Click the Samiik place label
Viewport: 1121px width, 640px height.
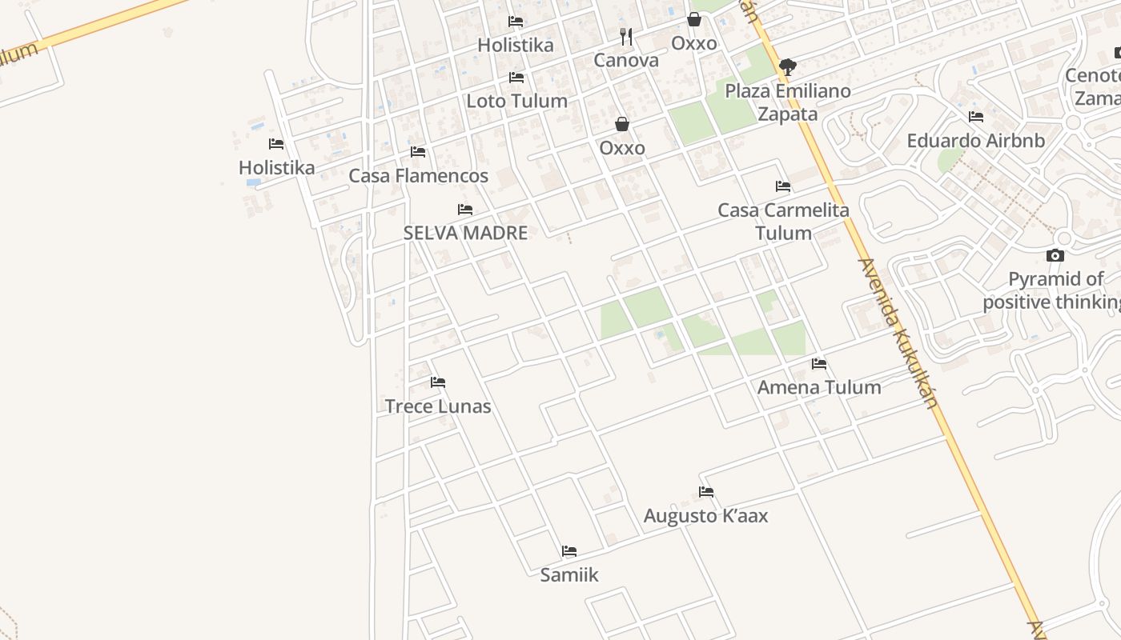click(x=569, y=574)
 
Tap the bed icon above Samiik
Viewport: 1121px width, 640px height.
click(x=569, y=551)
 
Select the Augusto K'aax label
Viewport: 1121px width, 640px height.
click(x=705, y=516)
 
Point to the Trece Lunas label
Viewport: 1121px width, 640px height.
click(x=438, y=406)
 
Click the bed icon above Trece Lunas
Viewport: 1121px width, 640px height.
click(x=438, y=382)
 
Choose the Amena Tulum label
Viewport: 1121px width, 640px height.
click(x=819, y=387)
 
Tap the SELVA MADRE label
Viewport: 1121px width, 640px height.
click(x=465, y=233)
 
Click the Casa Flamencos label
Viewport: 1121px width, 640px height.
click(x=418, y=175)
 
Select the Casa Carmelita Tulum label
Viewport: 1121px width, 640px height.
click(x=783, y=222)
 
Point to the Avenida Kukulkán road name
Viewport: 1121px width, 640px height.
click(x=897, y=332)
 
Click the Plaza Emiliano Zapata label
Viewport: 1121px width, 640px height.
click(x=788, y=102)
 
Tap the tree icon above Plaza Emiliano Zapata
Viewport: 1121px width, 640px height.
click(x=788, y=67)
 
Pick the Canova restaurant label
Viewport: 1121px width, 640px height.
click(x=626, y=60)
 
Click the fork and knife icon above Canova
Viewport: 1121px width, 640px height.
click(x=626, y=37)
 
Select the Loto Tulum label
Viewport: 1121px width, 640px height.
click(x=516, y=101)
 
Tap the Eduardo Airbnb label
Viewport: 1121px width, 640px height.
click(x=975, y=141)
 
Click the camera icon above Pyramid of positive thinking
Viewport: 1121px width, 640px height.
click(x=1055, y=256)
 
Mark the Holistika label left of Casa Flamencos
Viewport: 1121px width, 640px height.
click(x=276, y=167)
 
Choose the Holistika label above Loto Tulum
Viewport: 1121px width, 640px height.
click(x=516, y=45)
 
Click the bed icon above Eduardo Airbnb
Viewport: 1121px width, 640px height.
click(x=975, y=117)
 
